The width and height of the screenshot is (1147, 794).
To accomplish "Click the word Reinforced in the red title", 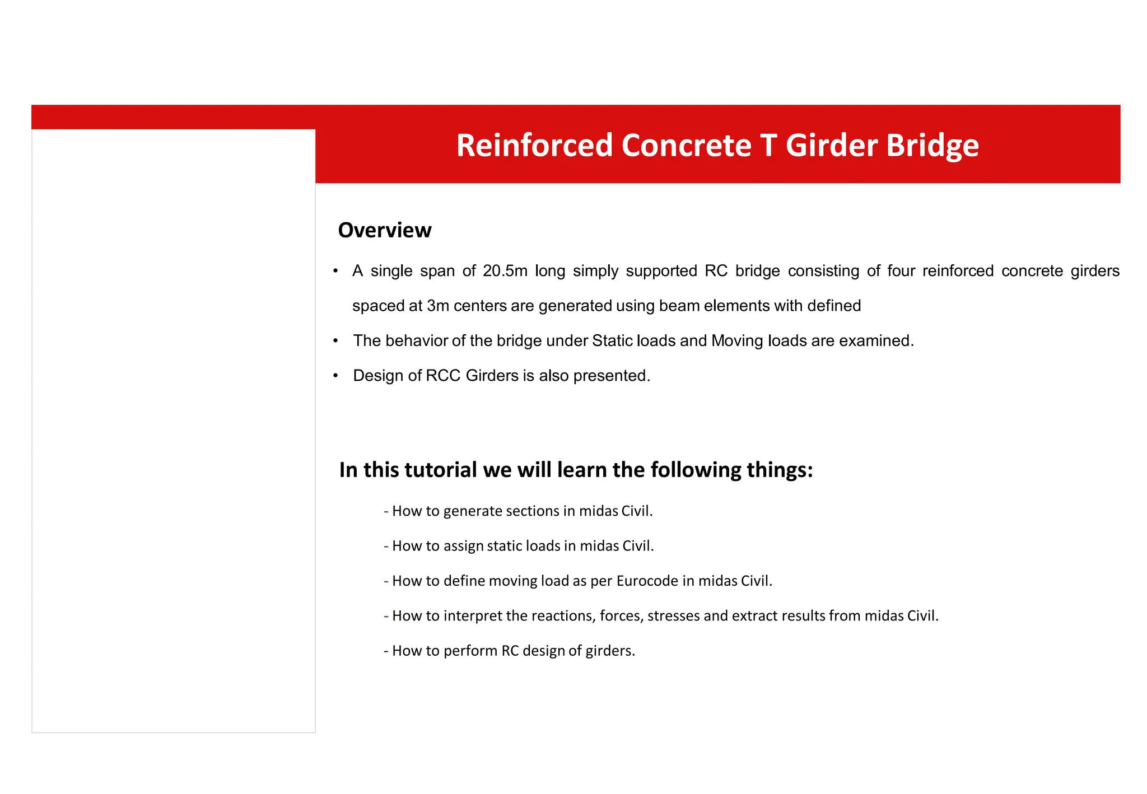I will click(x=534, y=146).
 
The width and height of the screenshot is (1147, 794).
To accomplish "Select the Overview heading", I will click(x=385, y=230).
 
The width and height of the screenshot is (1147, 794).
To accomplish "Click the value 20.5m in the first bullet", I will click(x=505, y=271).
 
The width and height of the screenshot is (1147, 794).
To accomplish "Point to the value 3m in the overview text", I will click(x=438, y=306).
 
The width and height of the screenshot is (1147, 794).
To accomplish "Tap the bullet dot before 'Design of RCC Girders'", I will click(x=335, y=376).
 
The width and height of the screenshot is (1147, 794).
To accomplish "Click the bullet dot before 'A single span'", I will click(x=335, y=271).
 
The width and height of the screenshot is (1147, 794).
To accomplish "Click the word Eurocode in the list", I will click(x=647, y=581).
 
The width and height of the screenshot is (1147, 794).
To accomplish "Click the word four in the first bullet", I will click(x=901, y=271).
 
